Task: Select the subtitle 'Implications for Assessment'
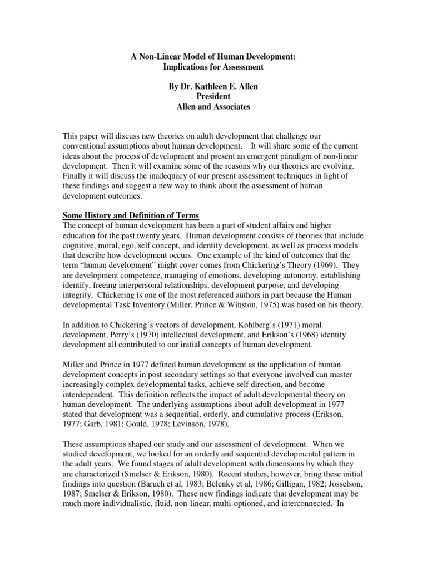coord(213,67)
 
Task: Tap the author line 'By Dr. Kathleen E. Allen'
coord(213,87)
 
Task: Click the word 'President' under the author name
coord(213,97)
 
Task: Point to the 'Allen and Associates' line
coord(213,107)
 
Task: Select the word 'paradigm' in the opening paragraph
coord(305,156)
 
